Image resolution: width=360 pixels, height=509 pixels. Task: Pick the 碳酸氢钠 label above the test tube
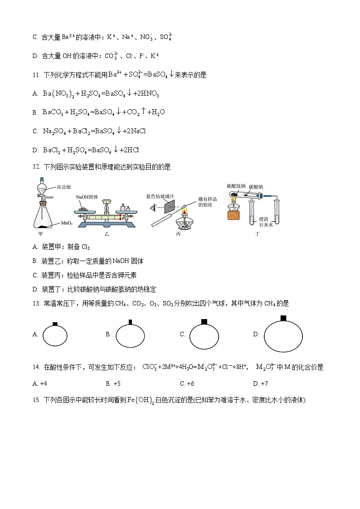[x=236, y=186]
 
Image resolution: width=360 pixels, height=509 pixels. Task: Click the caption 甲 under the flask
[x=42, y=234]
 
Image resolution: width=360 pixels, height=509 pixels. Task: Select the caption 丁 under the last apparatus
[x=258, y=234]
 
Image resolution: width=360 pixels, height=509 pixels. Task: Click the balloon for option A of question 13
[x=55, y=335]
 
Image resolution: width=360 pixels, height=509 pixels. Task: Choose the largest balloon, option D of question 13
[x=283, y=336]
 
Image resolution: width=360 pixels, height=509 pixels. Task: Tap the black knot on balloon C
[x=204, y=321]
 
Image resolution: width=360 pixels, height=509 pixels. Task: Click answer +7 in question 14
[x=260, y=383]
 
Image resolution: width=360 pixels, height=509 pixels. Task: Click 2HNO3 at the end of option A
[x=146, y=93]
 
